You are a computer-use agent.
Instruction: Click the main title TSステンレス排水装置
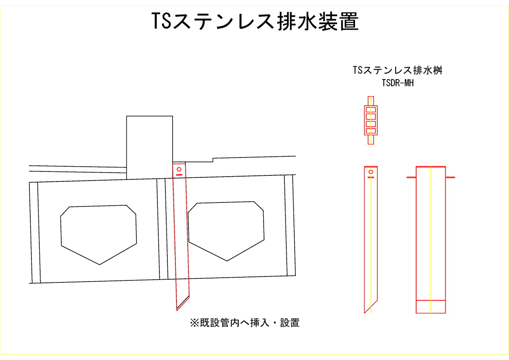tap(255, 21)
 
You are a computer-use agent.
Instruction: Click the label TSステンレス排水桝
tap(397, 70)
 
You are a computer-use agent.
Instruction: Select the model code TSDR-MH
tap(398, 83)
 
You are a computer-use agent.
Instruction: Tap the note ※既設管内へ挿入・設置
tap(245, 323)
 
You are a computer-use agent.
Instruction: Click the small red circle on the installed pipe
tap(179, 169)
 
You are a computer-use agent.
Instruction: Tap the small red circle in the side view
tap(371, 172)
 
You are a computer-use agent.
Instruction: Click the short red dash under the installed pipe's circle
tap(179, 175)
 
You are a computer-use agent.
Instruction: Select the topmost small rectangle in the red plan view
tap(371, 110)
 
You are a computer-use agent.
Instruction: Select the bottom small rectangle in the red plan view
tap(371, 131)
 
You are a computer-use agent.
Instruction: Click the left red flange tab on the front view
tap(411, 177)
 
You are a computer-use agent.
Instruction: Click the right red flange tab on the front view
tap(450, 177)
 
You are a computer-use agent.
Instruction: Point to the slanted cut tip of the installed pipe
tap(177, 310)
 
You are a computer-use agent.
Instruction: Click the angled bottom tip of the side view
tap(365, 313)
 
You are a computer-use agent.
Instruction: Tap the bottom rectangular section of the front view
tap(431, 307)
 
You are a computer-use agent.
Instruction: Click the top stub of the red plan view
tap(371, 101)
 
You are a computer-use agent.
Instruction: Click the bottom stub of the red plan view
tap(371, 140)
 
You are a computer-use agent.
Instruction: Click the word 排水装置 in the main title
tap(318, 21)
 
